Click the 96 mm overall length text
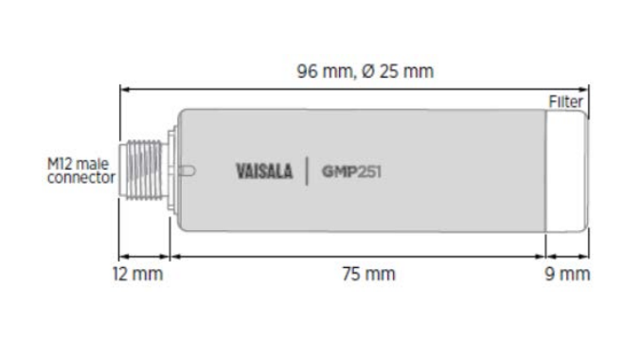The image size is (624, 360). click(325, 72)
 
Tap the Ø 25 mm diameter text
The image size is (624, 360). click(398, 71)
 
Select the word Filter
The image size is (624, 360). click(565, 101)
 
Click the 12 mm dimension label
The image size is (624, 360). click(137, 274)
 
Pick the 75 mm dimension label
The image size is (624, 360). click(369, 274)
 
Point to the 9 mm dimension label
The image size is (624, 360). click(567, 274)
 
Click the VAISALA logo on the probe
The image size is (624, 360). click(264, 171)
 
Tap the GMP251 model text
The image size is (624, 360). click(351, 171)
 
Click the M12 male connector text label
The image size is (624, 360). click(81, 171)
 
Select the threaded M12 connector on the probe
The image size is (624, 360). click(143, 170)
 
